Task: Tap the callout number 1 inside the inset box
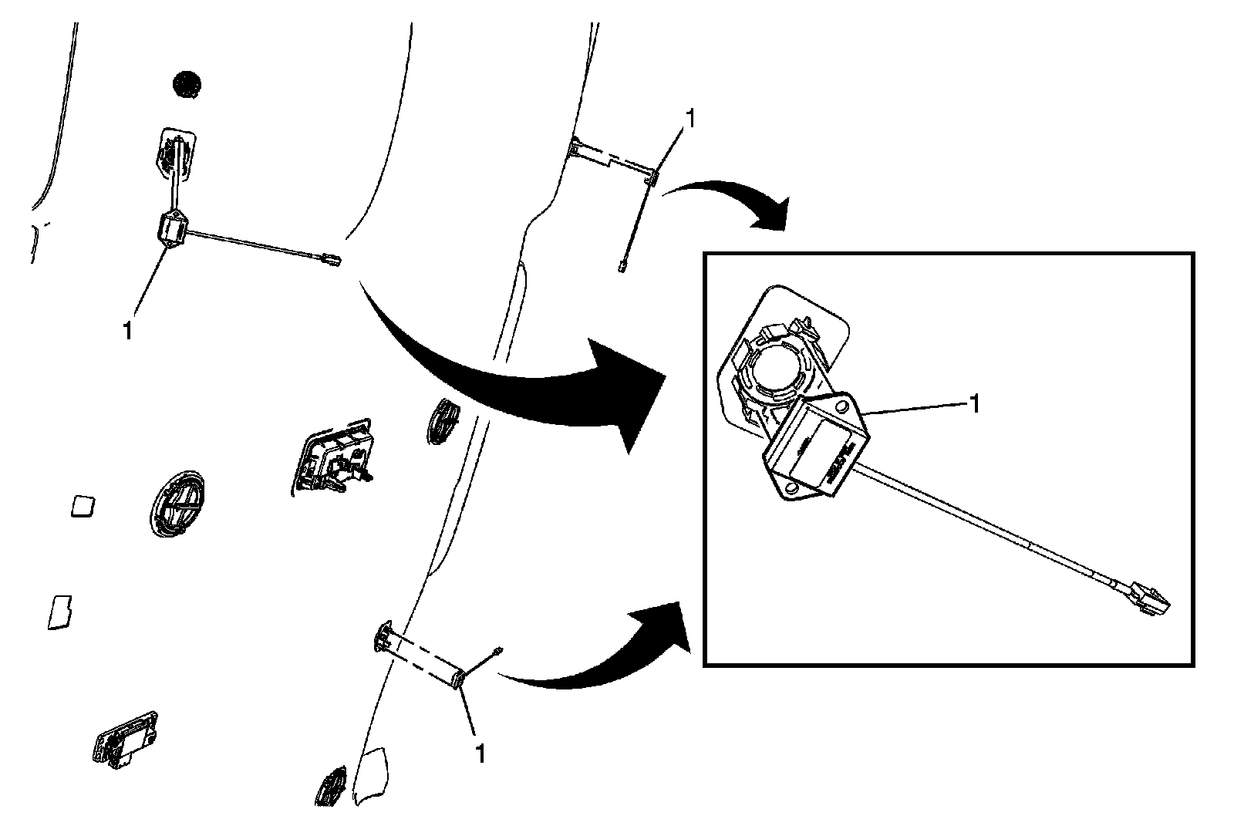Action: (x=975, y=403)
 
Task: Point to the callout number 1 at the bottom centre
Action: (x=480, y=753)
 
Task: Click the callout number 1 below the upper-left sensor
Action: (x=127, y=329)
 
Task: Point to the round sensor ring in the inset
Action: (x=774, y=368)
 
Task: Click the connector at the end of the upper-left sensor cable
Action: (x=327, y=259)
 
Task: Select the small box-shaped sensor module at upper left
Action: (x=174, y=229)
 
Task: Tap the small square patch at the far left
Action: (x=82, y=506)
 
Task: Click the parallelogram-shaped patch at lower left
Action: (x=59, y=612)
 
